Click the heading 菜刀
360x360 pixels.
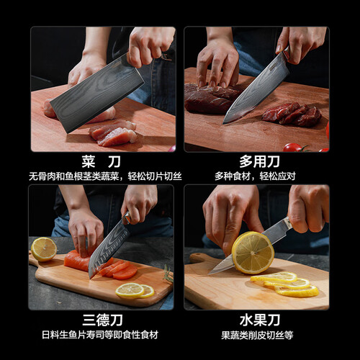101,161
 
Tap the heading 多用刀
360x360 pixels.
259,161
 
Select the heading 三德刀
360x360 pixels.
102,320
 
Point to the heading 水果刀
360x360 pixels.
260,320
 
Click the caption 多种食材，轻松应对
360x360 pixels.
255,176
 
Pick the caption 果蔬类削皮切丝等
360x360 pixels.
257,335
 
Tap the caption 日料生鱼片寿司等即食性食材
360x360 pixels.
100,335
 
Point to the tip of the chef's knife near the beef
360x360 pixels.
223,123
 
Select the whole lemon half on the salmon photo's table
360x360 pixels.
44,249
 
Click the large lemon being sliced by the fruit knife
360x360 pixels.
253,253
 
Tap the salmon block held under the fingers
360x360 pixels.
77,260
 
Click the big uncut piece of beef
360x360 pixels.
211,98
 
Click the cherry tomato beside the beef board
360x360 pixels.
292,148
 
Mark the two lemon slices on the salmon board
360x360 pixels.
135,291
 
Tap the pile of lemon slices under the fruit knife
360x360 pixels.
285,284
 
